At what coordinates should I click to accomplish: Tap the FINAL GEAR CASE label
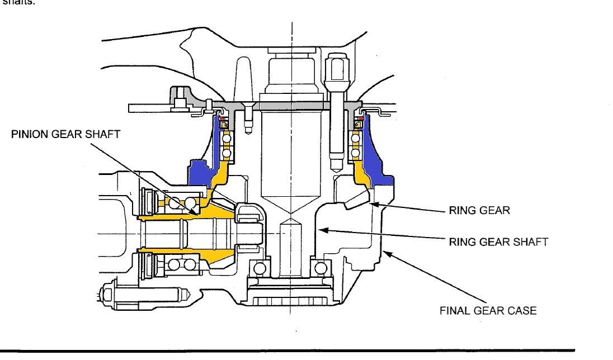click(x=488, y=311)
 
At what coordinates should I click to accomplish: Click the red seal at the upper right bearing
click(x=361, y=119)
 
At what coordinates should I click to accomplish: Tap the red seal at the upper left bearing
click(x=221, y=119)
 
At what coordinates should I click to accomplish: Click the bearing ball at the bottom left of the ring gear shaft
click(x=259, y=268)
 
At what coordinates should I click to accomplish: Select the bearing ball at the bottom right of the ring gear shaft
click(x=322, y=268)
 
